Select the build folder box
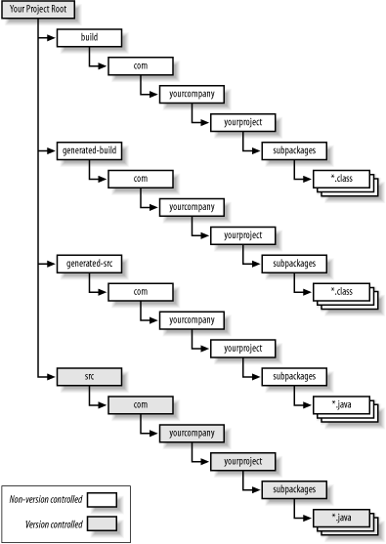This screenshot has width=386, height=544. [90, 38]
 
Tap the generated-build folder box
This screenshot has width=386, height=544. [90, 151]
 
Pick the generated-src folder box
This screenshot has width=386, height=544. [90, 264]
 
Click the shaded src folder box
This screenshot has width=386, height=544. [90, 376]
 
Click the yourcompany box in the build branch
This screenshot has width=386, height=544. [192, 95]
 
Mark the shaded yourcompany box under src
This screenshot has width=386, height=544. [192, 433]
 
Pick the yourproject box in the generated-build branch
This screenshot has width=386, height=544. [242, 236]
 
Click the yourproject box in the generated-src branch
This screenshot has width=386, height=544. [242, 349]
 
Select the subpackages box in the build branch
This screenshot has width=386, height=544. [293, 151]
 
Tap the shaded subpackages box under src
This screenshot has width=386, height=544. [293, 489]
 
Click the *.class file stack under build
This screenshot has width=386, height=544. [342, 181]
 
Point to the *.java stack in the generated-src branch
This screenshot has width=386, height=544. [342, 405]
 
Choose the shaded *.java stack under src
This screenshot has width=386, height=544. [342, 518]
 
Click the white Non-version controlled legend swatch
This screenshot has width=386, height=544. [103, 498]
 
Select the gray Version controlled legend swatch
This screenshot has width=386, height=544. [103, 523]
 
